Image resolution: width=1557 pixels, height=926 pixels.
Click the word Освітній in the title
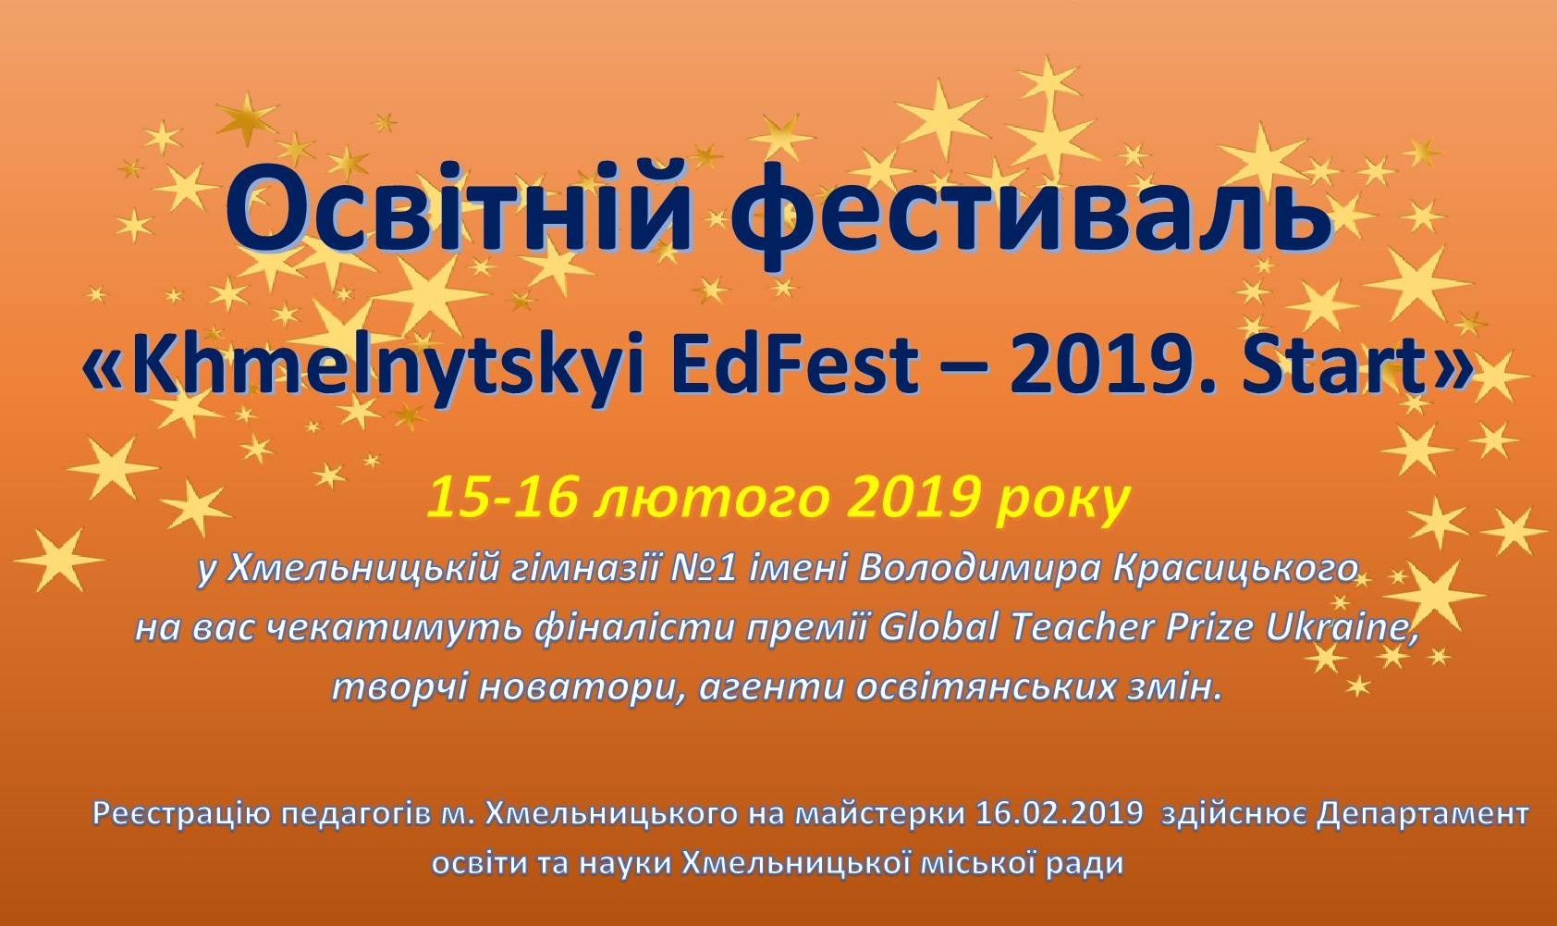click(x=460, y=209)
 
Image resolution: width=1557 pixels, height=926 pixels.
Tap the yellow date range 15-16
click(x=501, y=499)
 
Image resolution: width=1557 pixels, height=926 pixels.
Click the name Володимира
click(x=980, y=571)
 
